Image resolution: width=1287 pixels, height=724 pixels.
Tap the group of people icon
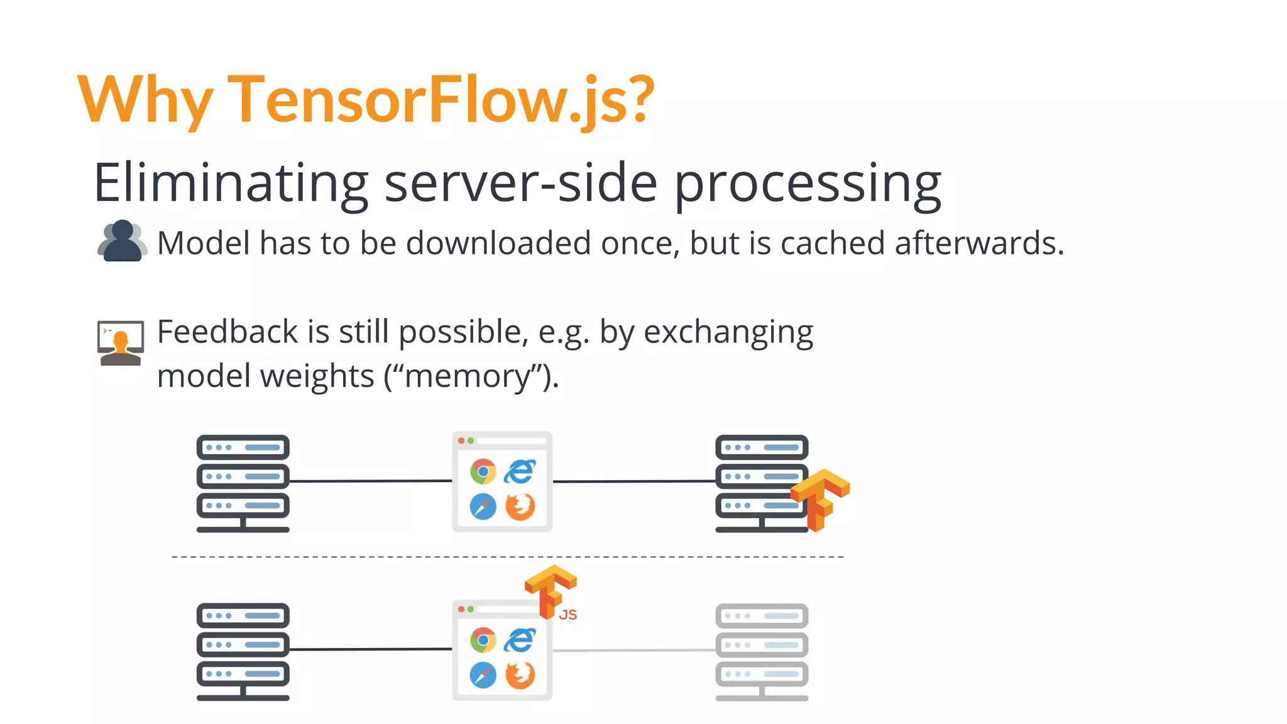[x=122, y=241]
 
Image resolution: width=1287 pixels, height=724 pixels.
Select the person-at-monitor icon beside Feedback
[x=121, y=343]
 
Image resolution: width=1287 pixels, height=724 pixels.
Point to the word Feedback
[x=227, y=332]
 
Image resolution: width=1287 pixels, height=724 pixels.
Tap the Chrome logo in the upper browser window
[x=483, y=471]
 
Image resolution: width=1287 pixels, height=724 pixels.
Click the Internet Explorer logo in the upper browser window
[x=520, y=471]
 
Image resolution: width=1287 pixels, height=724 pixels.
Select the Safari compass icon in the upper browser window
[x=483, y=507]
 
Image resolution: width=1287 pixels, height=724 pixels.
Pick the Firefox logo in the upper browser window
[x=520, y=507]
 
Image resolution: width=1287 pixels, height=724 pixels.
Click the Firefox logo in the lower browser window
[x=520, y=675]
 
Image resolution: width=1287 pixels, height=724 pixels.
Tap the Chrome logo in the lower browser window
[x=483, y=640]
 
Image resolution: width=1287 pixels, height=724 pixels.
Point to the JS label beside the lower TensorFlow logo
[x=567, y=615]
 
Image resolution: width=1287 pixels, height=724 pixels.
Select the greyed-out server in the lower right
[x=762, y=650]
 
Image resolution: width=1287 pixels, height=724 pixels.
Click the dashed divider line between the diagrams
[x=508, y=557]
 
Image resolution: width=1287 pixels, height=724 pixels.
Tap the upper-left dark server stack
[x=243, y=483]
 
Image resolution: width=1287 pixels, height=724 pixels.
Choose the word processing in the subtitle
[x=808, y=184]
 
